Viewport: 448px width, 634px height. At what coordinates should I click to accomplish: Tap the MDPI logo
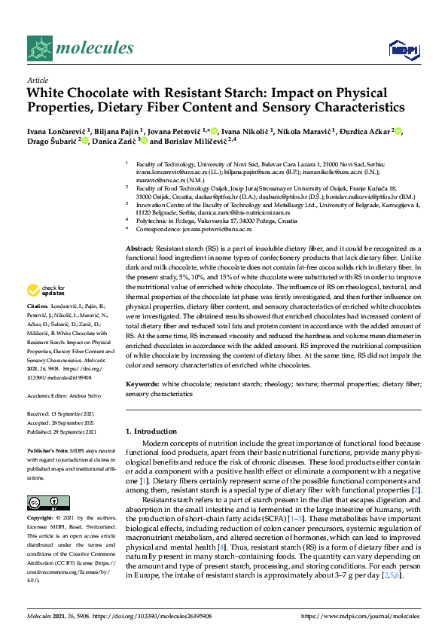tap(399, 50)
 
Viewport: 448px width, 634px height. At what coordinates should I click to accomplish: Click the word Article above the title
tap(38, 81)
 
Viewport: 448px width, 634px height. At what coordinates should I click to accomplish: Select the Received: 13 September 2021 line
tap(63, 413)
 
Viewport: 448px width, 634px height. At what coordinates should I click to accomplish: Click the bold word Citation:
tap(37, 328)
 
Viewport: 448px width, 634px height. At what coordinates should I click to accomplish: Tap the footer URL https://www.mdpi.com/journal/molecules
tap(359, 616)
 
